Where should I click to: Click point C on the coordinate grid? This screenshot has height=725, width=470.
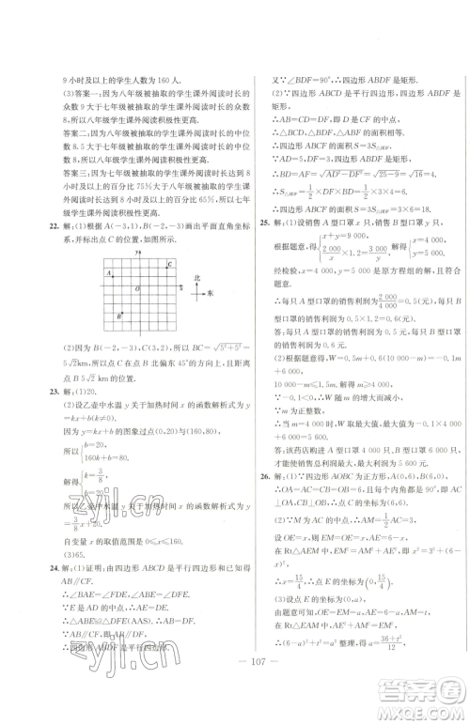pyautogui.click(x=167, y=266)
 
